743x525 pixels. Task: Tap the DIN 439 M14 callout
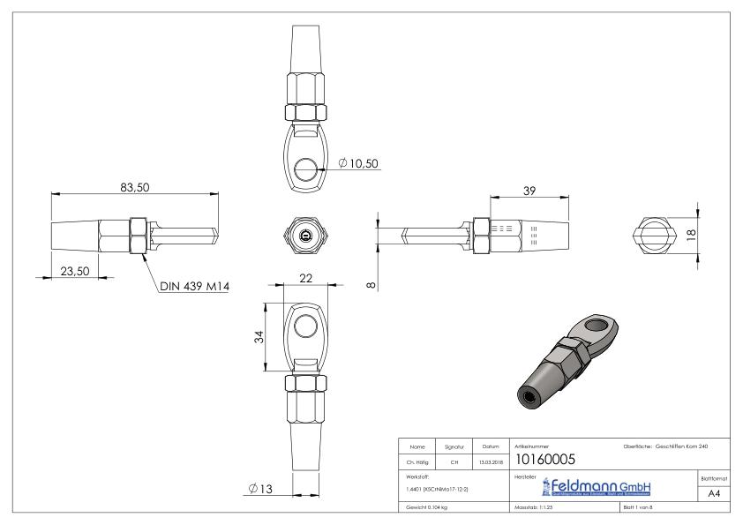[194, 286]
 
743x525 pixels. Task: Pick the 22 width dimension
[305, 277]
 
